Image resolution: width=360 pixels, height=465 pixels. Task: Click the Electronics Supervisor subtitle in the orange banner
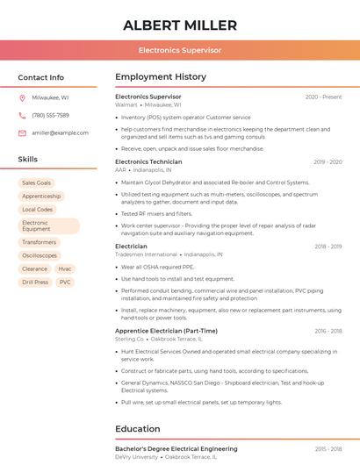180,51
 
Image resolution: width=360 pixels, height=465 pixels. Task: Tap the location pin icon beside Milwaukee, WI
23,97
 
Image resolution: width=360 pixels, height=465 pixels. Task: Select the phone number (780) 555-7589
50,115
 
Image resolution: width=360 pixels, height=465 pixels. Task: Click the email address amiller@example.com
60,132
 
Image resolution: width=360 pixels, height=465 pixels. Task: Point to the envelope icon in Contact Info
23,132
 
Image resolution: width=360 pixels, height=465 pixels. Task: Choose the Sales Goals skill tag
37,182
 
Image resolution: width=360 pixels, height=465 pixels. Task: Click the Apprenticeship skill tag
41,197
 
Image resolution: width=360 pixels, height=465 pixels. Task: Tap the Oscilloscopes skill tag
40,255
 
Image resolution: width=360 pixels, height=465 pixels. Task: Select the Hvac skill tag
65,268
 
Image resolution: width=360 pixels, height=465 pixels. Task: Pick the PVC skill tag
65,283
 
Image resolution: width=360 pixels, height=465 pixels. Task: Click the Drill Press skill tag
35,283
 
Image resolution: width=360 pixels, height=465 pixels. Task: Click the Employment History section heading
161,77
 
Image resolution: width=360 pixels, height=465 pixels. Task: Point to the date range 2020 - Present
323,97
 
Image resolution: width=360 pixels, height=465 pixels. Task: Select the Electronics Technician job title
148,161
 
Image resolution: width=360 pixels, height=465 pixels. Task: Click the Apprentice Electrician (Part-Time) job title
166,331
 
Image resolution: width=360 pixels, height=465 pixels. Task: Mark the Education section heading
137,429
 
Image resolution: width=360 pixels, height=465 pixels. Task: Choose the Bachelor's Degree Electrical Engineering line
176,448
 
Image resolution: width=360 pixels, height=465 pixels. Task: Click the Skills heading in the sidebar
28,160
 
